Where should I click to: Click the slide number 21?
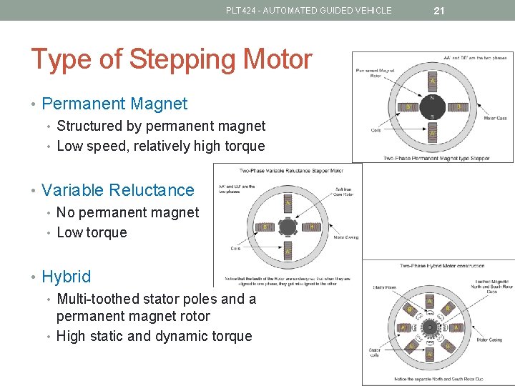coord(439,10)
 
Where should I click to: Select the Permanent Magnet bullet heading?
coord(114,104)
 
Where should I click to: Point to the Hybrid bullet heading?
coord(67,277)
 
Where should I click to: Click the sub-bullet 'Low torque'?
coord(92,232)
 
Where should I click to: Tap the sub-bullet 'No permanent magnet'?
coord(127,212)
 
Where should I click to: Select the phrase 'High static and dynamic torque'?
coord(154,336)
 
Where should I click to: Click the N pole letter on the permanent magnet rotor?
coord(431,98)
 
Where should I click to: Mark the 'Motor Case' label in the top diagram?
coord(495,118)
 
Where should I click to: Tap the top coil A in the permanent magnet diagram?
coord(431,81)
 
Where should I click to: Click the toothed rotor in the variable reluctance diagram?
coord(288,227)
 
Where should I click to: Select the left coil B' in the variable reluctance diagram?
coord(265,227)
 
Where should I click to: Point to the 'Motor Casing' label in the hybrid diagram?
coord(491,340)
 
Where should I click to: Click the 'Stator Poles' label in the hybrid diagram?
coord(385,287)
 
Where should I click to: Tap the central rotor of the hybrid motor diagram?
coord(430,327)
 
